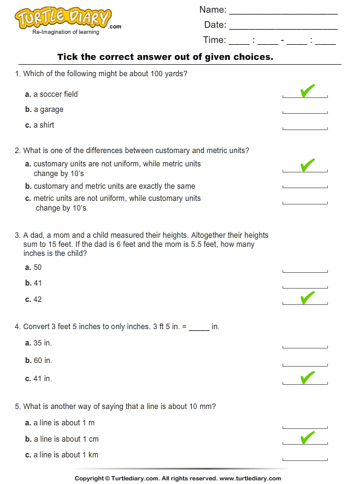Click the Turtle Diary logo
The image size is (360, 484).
click(63, 20)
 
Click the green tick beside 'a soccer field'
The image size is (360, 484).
click(307, 91)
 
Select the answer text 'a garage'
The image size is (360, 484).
click(48, 110)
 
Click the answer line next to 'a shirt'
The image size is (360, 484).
click(305, 128)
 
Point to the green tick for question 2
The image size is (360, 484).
click(307, 165)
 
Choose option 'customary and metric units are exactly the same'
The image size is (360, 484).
click(114, 186)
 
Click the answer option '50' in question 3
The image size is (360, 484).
click(38, 267)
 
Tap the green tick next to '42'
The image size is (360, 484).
click(307, 297)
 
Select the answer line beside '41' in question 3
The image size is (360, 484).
click(305, 286)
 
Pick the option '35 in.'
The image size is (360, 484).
click(42, 342)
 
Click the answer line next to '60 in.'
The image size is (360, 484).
click(305, 364)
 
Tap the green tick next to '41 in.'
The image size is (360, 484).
click(307, 378)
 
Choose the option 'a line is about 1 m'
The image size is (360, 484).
click(64, 423)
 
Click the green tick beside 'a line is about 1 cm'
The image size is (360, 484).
click(307, 437)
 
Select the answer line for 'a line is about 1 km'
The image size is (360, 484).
click(305, 458)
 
